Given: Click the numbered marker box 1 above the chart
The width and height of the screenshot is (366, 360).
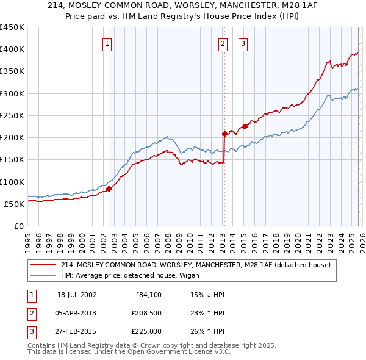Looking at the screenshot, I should click(x=107, y=43).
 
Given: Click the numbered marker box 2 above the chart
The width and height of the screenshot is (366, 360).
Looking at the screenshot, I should click(x=223, y=43).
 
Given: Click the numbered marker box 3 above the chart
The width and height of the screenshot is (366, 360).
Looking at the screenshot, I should click(x=243, y=43).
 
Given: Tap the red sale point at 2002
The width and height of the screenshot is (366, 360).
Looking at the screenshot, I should click(x=109, y=189).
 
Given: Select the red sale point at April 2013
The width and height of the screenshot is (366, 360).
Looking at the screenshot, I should click(x=224, y=133).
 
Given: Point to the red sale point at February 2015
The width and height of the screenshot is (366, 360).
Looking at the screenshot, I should click(x=245, y=126).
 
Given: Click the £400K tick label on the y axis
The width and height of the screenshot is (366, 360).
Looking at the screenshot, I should click(x=12, y=49).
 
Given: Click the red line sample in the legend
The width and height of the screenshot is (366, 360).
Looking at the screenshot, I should click(x=43, y=265).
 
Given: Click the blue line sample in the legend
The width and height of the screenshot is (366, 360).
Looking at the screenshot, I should click(x=43, y=275).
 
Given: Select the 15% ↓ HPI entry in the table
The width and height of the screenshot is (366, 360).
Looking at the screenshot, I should click(x=208, y=295).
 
